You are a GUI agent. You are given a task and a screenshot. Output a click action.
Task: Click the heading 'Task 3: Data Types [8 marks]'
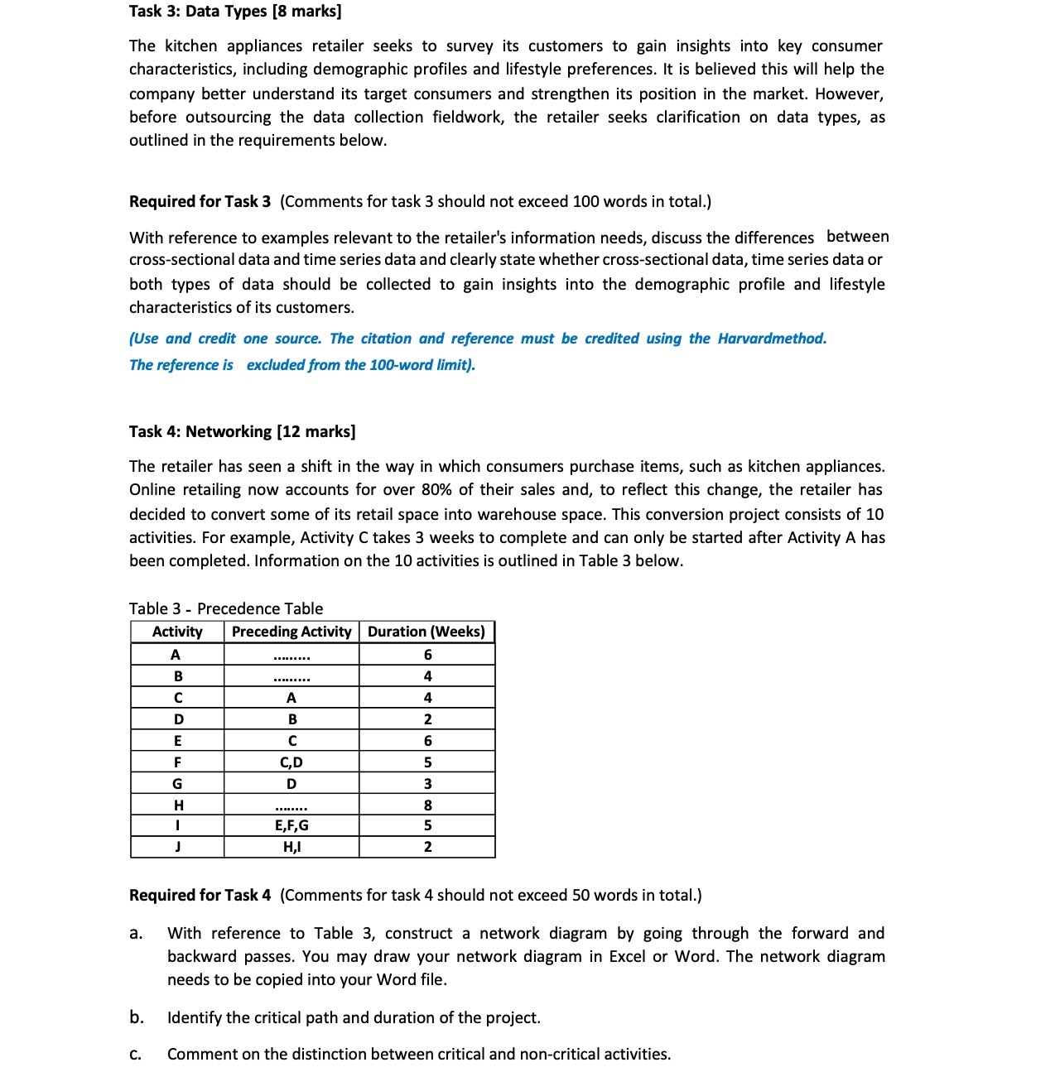[235, 12]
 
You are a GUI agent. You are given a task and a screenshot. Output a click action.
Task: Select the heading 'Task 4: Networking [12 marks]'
[243, 431]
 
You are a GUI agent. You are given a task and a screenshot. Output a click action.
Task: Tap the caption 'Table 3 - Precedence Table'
[226, 608]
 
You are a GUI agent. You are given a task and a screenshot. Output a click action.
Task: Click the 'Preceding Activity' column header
[291, 632]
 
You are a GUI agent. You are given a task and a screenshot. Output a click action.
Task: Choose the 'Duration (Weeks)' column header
[426, 632]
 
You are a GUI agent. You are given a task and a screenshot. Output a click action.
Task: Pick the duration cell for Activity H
[427, 805]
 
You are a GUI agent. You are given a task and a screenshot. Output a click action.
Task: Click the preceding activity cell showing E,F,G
[291, 825]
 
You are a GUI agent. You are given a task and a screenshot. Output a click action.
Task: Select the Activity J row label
[177, 847]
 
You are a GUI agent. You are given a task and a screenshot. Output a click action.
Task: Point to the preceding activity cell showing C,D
[291, 762]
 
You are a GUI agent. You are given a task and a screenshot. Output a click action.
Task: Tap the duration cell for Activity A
[427, 655]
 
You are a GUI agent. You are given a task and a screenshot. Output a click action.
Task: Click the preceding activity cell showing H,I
[291, 847]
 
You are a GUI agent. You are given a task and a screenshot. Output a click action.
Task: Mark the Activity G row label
[177, 784]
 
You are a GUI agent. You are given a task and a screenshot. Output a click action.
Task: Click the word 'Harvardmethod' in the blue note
[771, 339]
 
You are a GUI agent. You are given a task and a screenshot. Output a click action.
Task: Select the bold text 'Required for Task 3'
[200, 201]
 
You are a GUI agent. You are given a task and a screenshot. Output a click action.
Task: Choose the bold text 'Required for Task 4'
[200, 895]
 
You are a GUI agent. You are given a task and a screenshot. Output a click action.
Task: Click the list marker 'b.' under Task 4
[137, 1017]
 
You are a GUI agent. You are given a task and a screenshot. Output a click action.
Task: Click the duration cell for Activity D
[427, 719]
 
